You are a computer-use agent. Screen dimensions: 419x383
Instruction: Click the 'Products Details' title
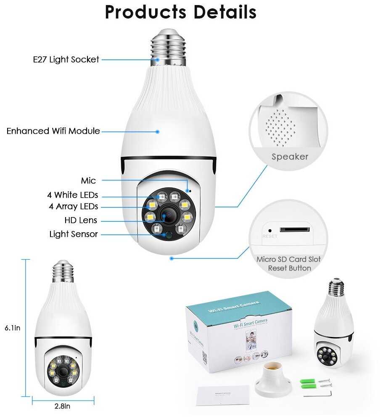180,12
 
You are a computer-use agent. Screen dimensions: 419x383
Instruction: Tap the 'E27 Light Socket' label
66,59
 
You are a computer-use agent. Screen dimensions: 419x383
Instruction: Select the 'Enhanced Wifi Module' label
53,131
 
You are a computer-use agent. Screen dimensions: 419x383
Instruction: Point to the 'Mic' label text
88,181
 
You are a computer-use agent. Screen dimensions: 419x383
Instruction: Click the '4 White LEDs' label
72,195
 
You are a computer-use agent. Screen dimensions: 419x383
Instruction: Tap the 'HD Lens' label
81,220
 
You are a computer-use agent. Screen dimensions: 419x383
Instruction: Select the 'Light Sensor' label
74,234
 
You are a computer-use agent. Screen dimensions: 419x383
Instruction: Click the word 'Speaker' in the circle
290,157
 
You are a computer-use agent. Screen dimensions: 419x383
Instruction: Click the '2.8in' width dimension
62,406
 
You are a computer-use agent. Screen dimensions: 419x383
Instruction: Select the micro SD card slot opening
294,229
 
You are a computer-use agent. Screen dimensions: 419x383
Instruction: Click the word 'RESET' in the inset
269,236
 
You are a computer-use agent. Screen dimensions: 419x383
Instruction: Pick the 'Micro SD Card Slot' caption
288,259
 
